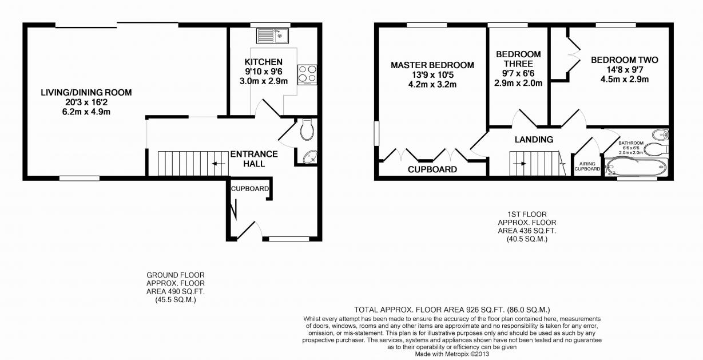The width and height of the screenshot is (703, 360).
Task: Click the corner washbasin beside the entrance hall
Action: pyautogui.click(x=309, y=157)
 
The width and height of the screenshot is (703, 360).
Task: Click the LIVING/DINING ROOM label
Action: pyautogui.click(x=86, y=92)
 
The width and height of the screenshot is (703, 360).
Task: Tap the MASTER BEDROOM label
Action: pyautogui.click(x=432, y=65)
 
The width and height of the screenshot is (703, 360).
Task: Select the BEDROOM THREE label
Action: pyautogui.click(x=518, y=59)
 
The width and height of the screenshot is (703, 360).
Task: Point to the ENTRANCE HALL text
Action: pyautogui.click(x=253, y=159)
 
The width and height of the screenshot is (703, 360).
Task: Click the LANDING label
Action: pyautogui.click(x=534, y=140)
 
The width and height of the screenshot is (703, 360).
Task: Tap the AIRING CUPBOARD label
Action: pyautogui.click(x=587, y=166)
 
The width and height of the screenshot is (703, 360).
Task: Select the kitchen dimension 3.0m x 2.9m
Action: pyautogui.click(x=263, y=81)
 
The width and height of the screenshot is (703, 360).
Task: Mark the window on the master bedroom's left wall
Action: pyautogui.click(x=376, y=133)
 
